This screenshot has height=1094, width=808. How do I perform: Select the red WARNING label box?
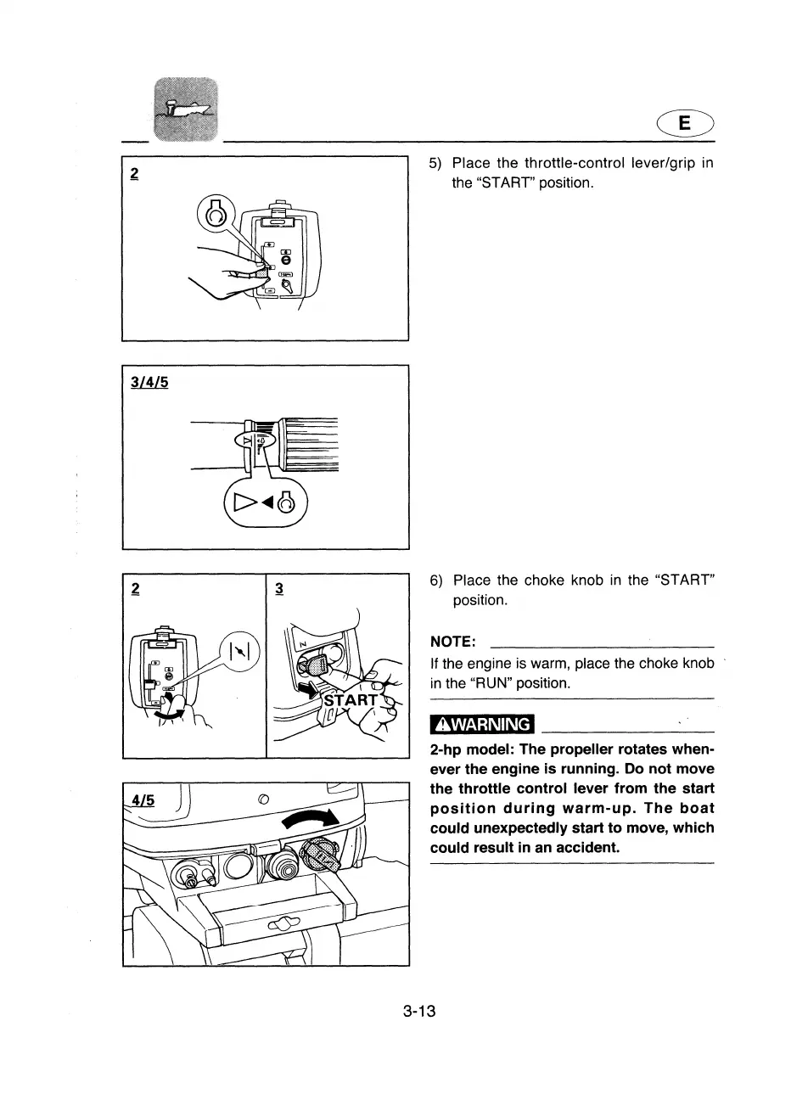point(482,724)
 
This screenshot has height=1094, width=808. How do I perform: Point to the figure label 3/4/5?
point(149,383)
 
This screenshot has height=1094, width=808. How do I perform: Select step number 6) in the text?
point(436,581)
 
